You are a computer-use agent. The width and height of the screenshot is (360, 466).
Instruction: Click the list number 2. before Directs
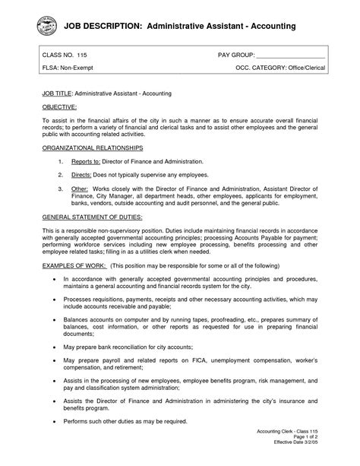click(61, 174)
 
